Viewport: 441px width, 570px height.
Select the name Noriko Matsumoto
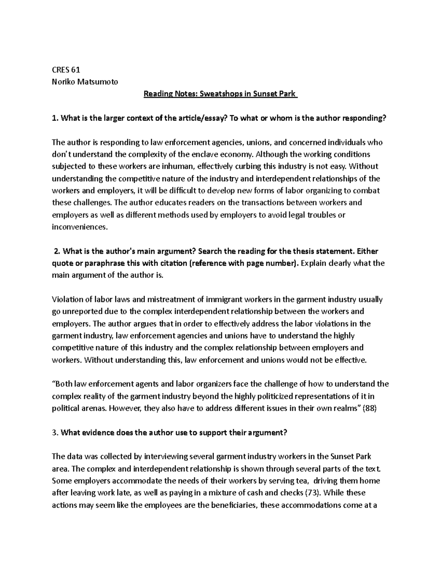coord(85,82)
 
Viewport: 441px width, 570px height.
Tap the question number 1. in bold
coord(55,118)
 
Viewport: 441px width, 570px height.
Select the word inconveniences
coord(80,227)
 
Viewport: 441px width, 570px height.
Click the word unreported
coord(81,311)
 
